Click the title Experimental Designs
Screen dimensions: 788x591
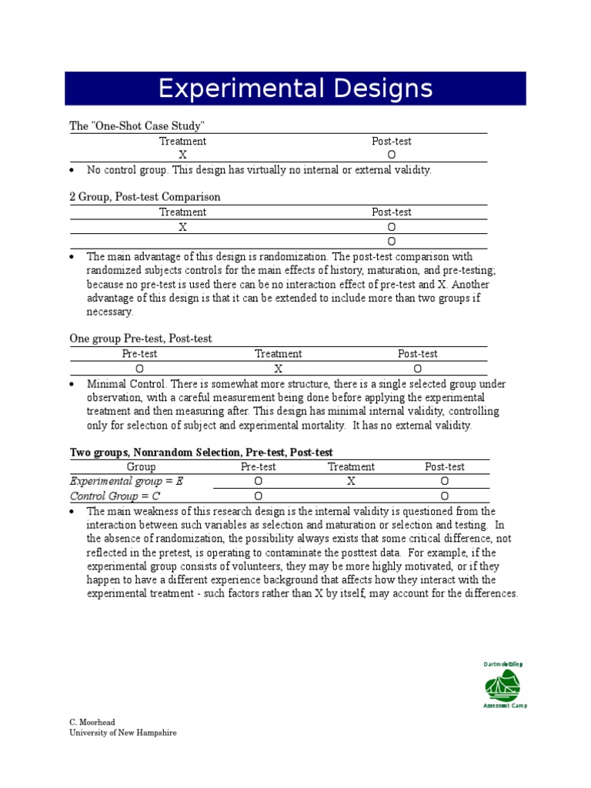coord(295,89)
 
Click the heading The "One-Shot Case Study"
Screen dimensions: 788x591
coord(138,125)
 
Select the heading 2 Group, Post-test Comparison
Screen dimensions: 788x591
coord(145,197)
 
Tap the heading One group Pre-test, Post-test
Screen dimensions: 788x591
coord(141,339)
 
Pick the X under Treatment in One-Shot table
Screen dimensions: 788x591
coord(182,155)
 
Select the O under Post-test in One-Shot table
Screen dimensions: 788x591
coord(392,155)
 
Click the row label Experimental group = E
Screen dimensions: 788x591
coord(127,481)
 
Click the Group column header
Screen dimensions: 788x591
coord(141,466)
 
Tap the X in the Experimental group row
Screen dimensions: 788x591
coord(351,481)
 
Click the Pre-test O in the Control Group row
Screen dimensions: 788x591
coord(258,496)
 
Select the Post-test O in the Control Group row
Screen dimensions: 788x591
coord(444,496)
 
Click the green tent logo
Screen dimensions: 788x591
coord(502,684)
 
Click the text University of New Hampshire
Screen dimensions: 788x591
coord(123,733)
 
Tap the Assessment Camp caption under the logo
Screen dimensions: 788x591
coord(505,706)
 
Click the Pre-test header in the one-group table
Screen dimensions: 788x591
coord(139,354)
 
